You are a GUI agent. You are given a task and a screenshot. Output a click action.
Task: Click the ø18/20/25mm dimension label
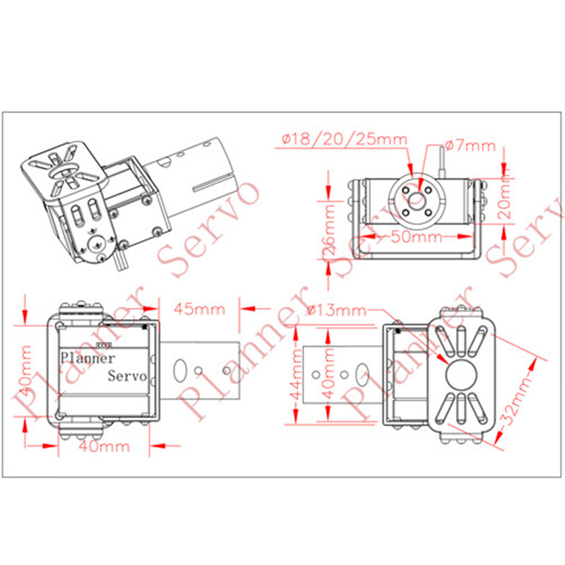coord(344,139)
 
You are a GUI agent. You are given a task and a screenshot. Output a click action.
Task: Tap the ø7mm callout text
coord(470,145)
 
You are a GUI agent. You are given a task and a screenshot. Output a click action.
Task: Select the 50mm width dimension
coord(416,237)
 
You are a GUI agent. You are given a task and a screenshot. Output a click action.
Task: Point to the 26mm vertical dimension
coord(329,229)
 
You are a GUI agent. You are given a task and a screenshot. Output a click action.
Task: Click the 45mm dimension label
coord(199,309)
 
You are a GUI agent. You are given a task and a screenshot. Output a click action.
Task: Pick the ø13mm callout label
coord(337,310)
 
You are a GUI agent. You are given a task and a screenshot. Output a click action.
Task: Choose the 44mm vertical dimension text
coord(297,375)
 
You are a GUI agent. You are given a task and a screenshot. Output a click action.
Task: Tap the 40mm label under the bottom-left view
coord(104,446)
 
